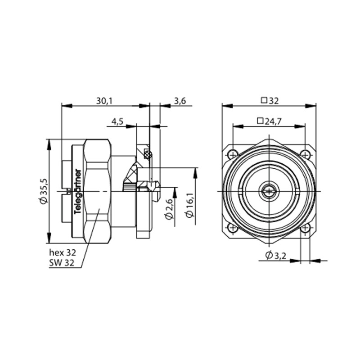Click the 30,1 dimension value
pyautogui.click(x=104, y=101)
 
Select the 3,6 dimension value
pyautogui.click(x=180, y=101)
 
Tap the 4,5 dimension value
pyautogui.click(x=118, y=121)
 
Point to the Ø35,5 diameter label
pyautogui.click(x=43, y=191)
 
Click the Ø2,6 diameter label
pyautogui.click(x=169, y=208)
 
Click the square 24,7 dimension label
pyautogui.click(x=269, y=121)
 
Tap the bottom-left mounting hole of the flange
pyautogui.click(x=233, y=228)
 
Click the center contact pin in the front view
pyautogui.click(x=269, y=191)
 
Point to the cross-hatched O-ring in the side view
pyautogui.click(x=148, y=155)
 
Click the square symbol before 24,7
pyautogui.click(x=260, y=121)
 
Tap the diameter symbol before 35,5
pyautogui.click(x=43, y=202)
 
